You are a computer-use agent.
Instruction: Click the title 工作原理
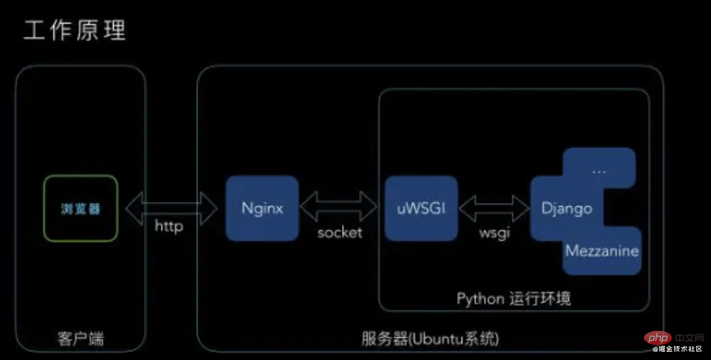point(74,31)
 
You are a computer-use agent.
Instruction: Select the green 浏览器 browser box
point(80,208)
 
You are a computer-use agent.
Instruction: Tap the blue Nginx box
point(262,208)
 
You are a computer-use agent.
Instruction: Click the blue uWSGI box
point(421,208)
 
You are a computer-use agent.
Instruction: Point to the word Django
point(566,209)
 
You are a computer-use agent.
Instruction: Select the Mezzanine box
point(602,251)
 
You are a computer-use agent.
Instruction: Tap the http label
point(169,226)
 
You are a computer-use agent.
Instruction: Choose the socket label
point(340,232)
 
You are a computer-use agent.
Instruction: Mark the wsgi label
point(495,232)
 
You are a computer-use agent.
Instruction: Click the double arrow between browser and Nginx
point(172,208)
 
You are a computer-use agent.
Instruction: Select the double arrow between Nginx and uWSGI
point(339,206)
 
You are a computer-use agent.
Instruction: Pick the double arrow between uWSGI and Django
point(494,209)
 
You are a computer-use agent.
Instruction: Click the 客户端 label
point(80,338)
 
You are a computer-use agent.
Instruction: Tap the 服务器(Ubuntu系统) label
point(430,338)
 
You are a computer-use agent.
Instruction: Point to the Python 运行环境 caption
point(513,299)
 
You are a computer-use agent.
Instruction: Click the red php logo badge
point(657,337)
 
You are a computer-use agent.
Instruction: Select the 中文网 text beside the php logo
point(689,338)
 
